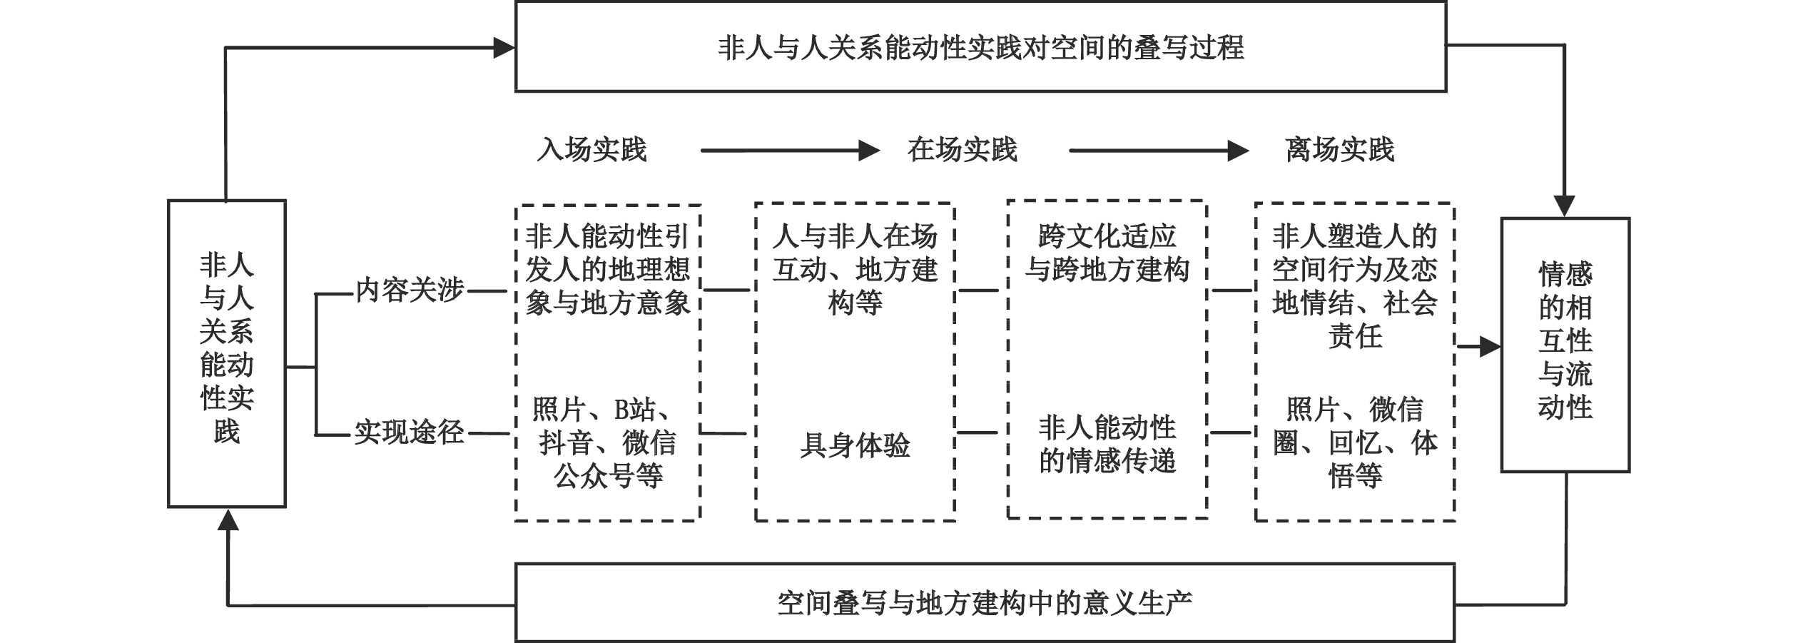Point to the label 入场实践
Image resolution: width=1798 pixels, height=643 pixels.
[x=591, y=150]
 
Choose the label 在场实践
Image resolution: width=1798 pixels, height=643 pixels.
[x=962, y=150]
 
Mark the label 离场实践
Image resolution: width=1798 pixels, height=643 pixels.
[x=1339, y=150]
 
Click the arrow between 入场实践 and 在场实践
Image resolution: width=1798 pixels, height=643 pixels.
[x=790, y=151]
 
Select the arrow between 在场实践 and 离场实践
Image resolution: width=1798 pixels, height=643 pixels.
[x=1159, y=151]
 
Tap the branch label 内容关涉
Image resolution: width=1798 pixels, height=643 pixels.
[x=410, y=290]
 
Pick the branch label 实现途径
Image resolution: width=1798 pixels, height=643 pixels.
[x=410, y=432]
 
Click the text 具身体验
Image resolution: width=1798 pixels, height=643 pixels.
[x=855, y=445]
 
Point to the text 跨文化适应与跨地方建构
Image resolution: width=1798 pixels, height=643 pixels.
[x=1107, y=253]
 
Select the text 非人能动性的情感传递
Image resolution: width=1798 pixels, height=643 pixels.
[x=1107, y=445]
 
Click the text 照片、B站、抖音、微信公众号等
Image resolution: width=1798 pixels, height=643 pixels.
[x=607, y=443]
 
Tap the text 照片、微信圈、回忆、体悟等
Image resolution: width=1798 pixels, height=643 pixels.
[x=1354, y=442]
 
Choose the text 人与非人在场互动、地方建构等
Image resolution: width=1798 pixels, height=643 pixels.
[x=855, y=269]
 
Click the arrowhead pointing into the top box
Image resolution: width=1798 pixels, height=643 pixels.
[x=504, y=48]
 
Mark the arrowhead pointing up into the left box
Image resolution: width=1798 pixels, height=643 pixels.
[x=228, y=519]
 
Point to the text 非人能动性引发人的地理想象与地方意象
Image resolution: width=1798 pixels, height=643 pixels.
[x=607, y=269]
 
